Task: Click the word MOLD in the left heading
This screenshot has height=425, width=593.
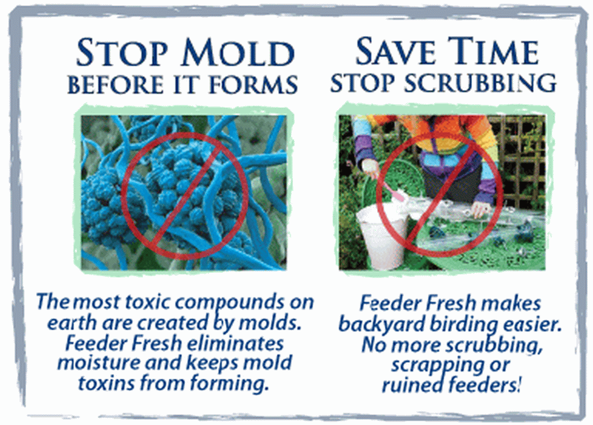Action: (x=238, y=52)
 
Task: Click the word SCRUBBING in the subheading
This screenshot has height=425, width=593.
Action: (x=480, y=82)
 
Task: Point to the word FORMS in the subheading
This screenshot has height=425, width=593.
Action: (x=253, y=84)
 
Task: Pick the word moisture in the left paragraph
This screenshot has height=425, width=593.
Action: (x=99, y=363)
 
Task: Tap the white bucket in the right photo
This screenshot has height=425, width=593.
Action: (x=382, y=237)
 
